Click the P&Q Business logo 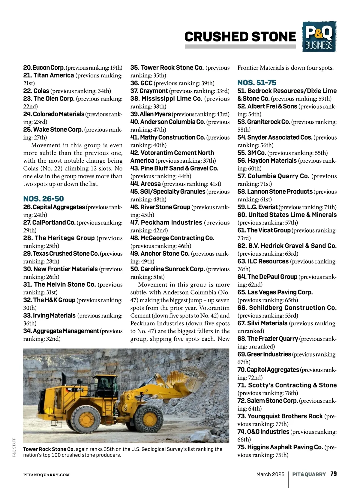319,37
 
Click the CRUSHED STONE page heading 240,37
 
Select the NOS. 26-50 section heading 43,199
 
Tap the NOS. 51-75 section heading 257,83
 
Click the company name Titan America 53,75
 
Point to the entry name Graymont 154,91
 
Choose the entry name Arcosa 151,184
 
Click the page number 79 333,474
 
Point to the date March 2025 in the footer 270,474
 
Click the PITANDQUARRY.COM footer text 46,475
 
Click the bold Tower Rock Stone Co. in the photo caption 49,449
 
